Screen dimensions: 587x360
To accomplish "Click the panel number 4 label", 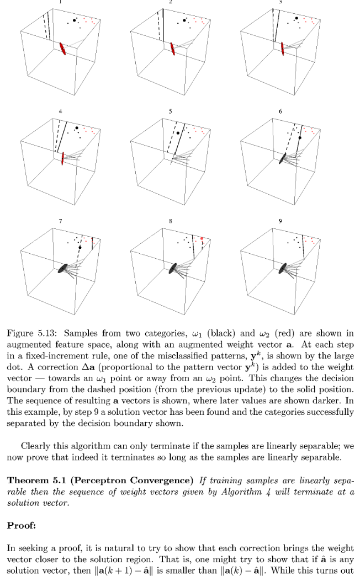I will (x=61, y=111).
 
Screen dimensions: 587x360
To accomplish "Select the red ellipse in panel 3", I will (x=283, y=48).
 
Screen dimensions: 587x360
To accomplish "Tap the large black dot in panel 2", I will (x=184, y=21).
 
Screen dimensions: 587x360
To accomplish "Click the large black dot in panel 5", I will (x=177, y=132).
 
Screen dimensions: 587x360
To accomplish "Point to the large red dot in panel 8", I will (x=203, y=238).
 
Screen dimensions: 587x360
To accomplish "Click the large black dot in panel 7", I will (x=80, y=248).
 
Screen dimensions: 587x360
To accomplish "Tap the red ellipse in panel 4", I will (x=63, y=158).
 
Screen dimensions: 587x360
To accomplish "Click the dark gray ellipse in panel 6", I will (x=283, y=158).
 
